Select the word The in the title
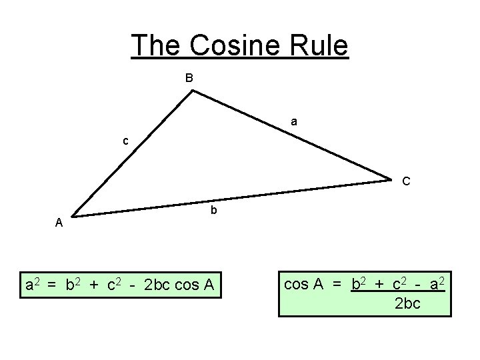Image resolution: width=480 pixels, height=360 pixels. point(156,45)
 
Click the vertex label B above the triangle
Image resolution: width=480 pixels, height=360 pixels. point(189,78)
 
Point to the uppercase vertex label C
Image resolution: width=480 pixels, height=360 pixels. point(406,181)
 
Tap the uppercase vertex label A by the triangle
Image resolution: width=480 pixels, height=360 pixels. point(59,223)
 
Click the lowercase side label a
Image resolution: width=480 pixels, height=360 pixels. point(294,122)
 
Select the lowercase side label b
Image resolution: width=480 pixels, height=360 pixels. point(213,211)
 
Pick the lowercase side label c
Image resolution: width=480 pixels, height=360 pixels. point(125,141)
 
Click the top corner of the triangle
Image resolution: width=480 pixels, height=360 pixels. point(192,91)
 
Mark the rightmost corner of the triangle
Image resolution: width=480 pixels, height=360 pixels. point(391,179)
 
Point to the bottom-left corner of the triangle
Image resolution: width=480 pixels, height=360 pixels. point(72,216)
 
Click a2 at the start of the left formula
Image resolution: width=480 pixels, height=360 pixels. point(32,285)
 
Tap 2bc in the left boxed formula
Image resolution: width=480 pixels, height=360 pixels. point(157,286)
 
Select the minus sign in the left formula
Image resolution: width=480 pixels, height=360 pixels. point(134,286)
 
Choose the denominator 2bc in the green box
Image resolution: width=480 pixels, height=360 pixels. point(408,303)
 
